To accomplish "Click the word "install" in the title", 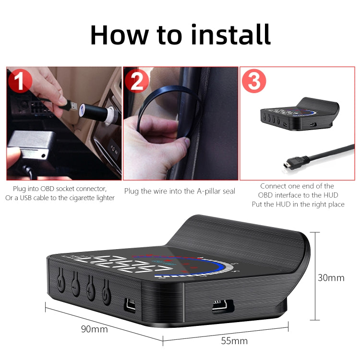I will (x=225, y=34).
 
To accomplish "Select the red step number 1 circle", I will (x=20, y=81).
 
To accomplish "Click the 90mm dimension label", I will (x=94, y=329).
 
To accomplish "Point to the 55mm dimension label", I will (x=234, y=341).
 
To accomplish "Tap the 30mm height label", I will (x=331, y=277).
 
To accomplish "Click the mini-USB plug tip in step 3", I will (x=286, y=166).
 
